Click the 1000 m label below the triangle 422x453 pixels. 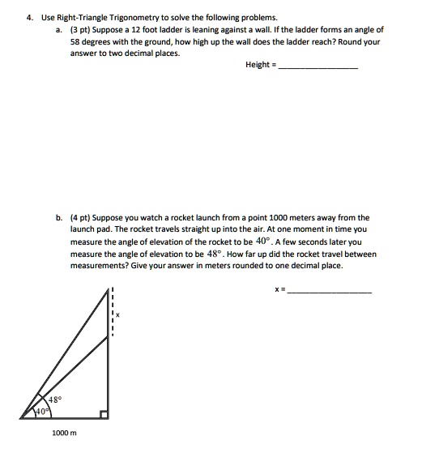point(63,434)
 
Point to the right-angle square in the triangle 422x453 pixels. point(104,414)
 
